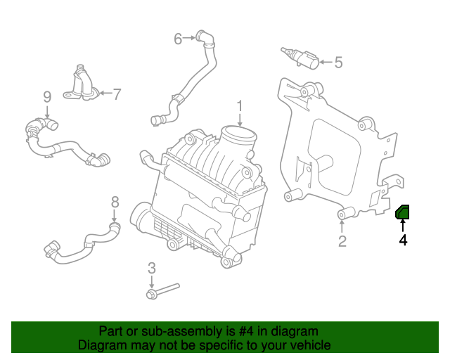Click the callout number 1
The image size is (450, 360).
(240, 106)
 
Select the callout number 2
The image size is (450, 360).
(342, 241)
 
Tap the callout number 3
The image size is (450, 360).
(152, 268)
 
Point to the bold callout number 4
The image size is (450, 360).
(403, 240)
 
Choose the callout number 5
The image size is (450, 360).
(339, 63)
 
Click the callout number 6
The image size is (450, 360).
(178, 39)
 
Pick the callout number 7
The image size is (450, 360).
(117, 94)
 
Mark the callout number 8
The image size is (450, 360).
(115, 202)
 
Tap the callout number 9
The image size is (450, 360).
(47, 97)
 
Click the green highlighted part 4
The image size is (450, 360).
(403, 212)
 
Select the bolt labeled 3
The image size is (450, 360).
(162, 291)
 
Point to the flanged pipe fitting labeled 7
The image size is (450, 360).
(82, 84)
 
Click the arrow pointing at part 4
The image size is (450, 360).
(403, 226)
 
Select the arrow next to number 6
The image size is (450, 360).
(189, 37)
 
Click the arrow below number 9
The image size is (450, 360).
(47, 112)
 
